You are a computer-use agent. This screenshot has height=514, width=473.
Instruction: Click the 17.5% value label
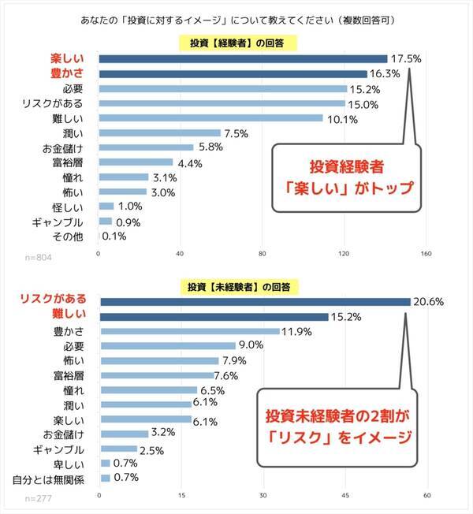[x=406, y=58]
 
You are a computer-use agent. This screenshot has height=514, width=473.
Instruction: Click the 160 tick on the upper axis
[x=426, y=254]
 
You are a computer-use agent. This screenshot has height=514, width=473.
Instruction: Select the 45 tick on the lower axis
[x=345, y=495]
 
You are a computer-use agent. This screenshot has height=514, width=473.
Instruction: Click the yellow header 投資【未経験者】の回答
[x=236, y=286]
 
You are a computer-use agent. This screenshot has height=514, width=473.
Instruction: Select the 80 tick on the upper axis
[x=263, y=254]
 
